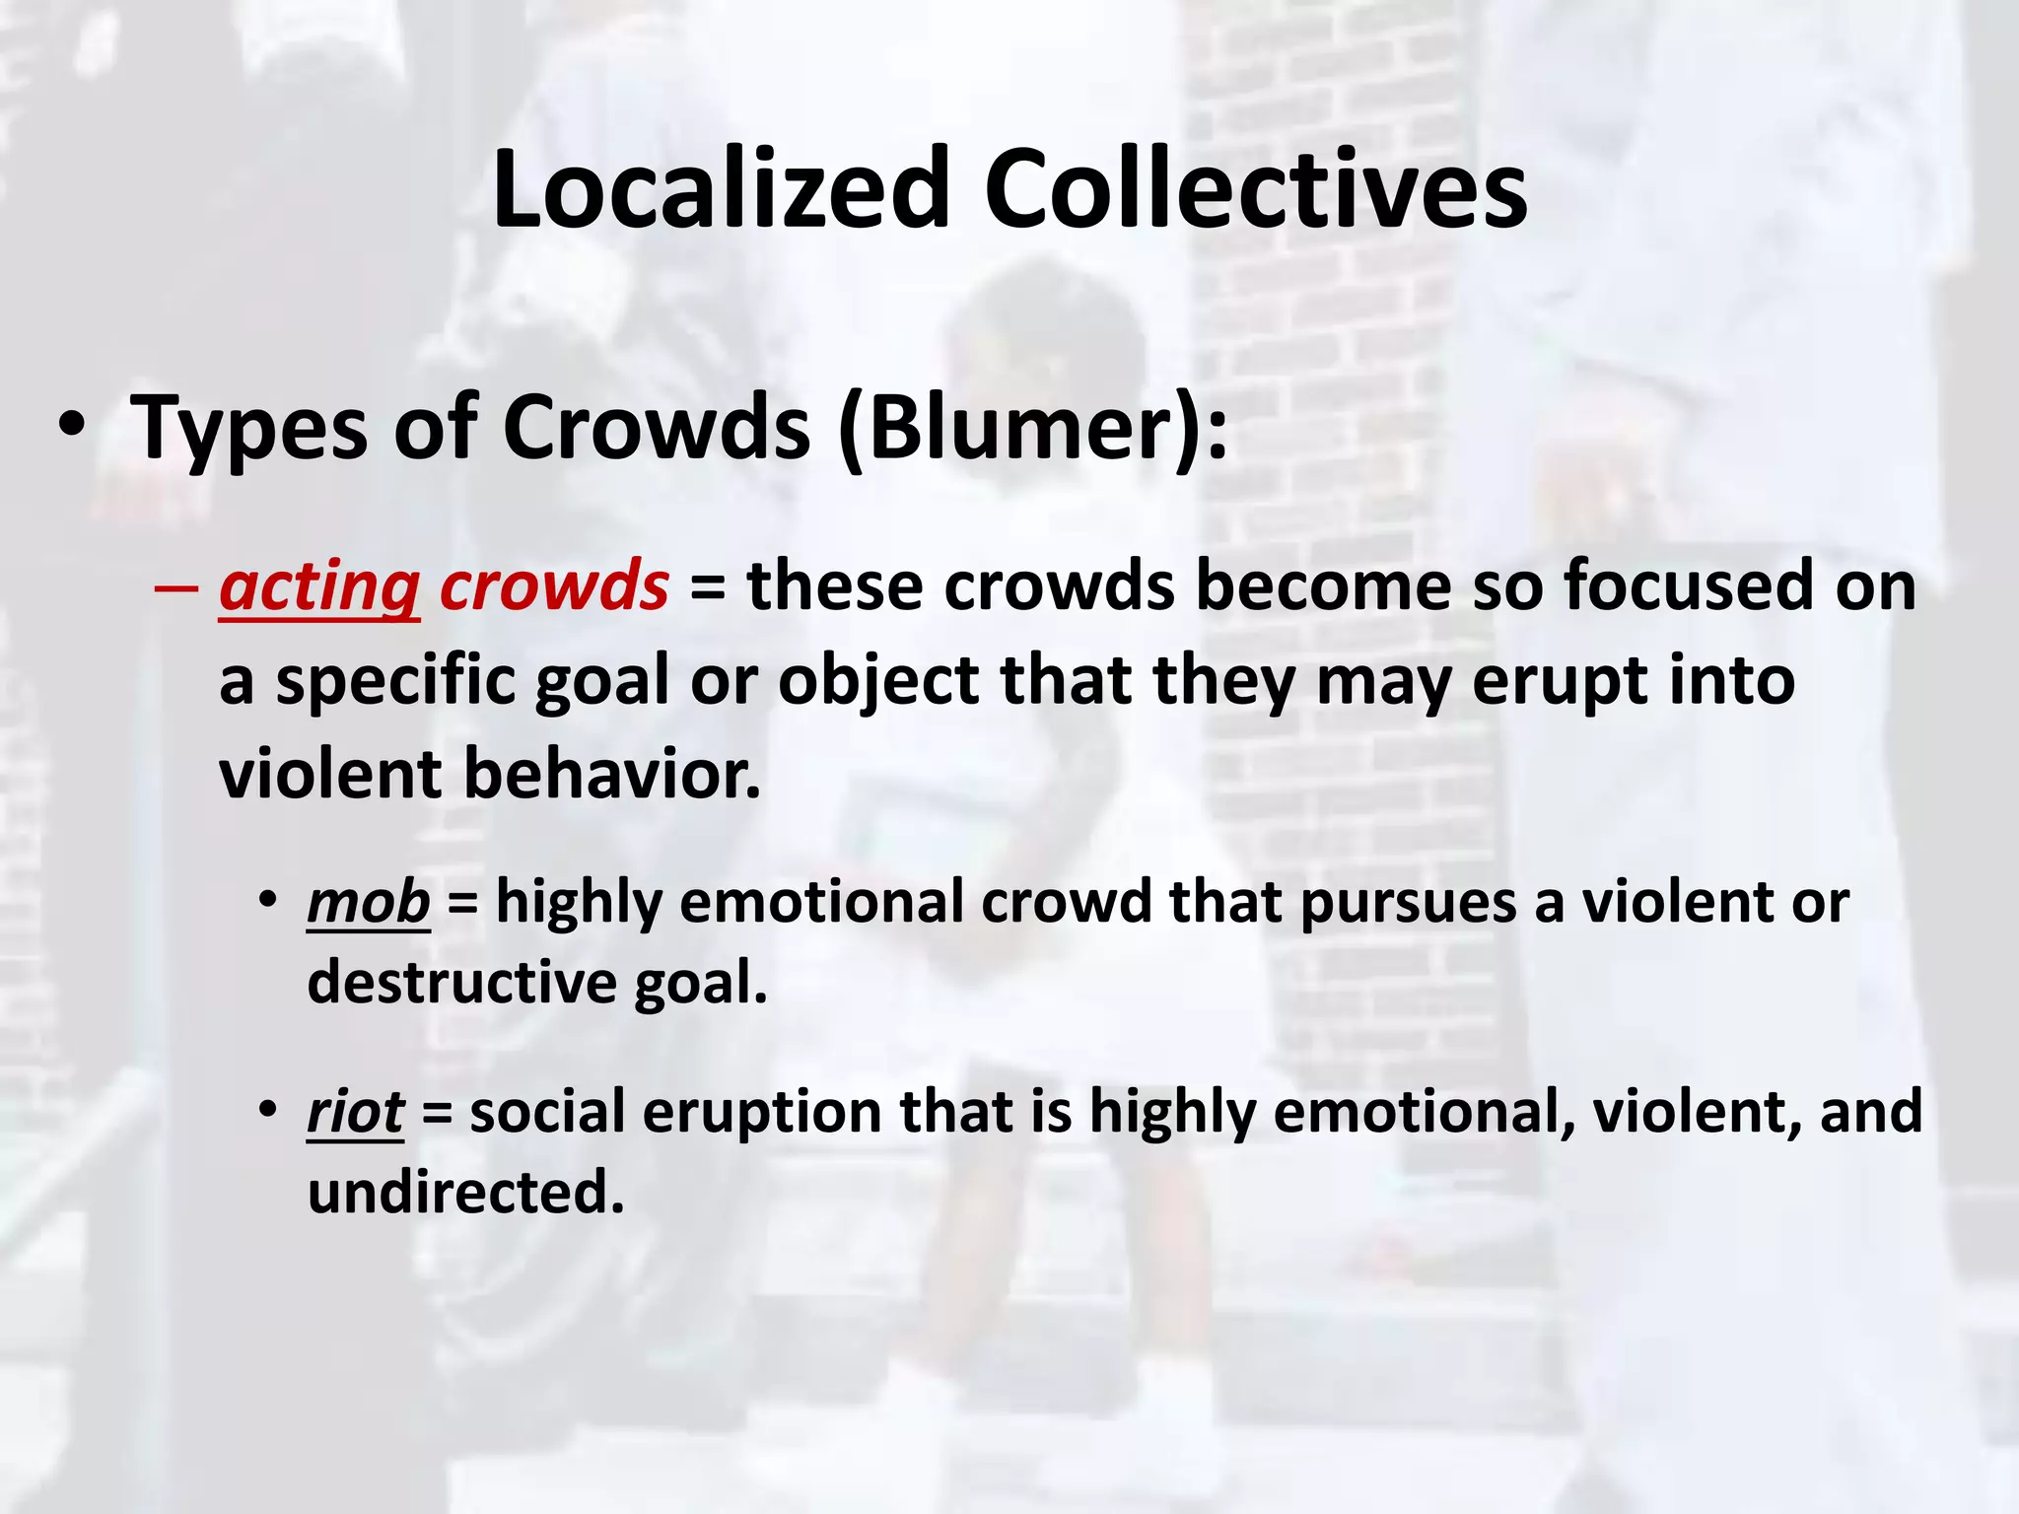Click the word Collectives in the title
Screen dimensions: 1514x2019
click(1255, 189)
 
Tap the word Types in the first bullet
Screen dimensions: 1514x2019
click(248, 430)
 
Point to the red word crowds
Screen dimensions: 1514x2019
click(554, 585)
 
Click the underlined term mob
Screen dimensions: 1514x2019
click(369, 903)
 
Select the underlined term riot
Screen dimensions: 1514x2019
click(355, 1113)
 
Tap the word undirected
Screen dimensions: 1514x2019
click(465, 1193)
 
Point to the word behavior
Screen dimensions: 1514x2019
click(612, 775)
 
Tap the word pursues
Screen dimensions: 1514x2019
click(1408, 903)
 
